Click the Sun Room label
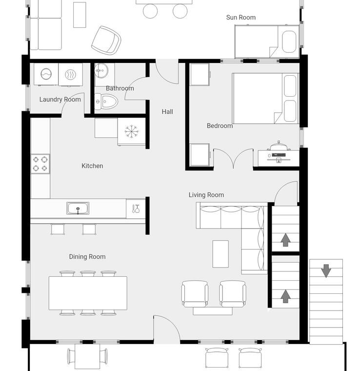[240, 17]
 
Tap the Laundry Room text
[60, 100]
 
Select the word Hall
[167, 112]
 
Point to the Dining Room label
[87, 257]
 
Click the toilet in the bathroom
[106, 102]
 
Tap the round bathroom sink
[101, 70]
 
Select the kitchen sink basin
[78, 208]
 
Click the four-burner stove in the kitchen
[40, 164]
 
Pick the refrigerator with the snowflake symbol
[131, 131]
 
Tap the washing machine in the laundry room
[46, 74]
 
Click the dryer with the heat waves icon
[70, 74]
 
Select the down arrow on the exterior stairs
[326, 270]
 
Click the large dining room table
[88, 293]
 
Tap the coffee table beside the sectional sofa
[220, 254]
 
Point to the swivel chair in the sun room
[106, 40]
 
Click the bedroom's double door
[233, 158]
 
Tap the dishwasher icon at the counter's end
[136, 209]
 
